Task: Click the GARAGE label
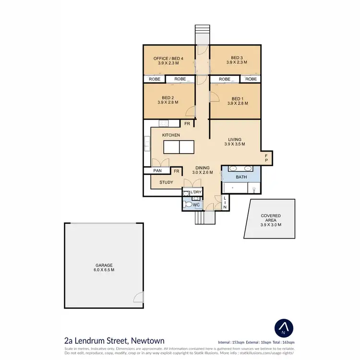point(104,265)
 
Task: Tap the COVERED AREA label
point(271,216)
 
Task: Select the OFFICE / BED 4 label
point(168,58)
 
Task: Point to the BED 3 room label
point(236,58)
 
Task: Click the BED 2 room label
point(168,97)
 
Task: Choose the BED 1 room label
point(236,98)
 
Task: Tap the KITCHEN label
point(171,135)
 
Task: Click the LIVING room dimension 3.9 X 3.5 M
point(236,144)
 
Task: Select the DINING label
point(202,168)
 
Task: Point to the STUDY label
point(166,182)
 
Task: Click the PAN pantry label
point(157,170)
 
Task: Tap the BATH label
point(241,177)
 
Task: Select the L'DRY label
point(196,192)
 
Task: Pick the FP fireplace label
point(267,158)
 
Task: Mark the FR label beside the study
point(177,171)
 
